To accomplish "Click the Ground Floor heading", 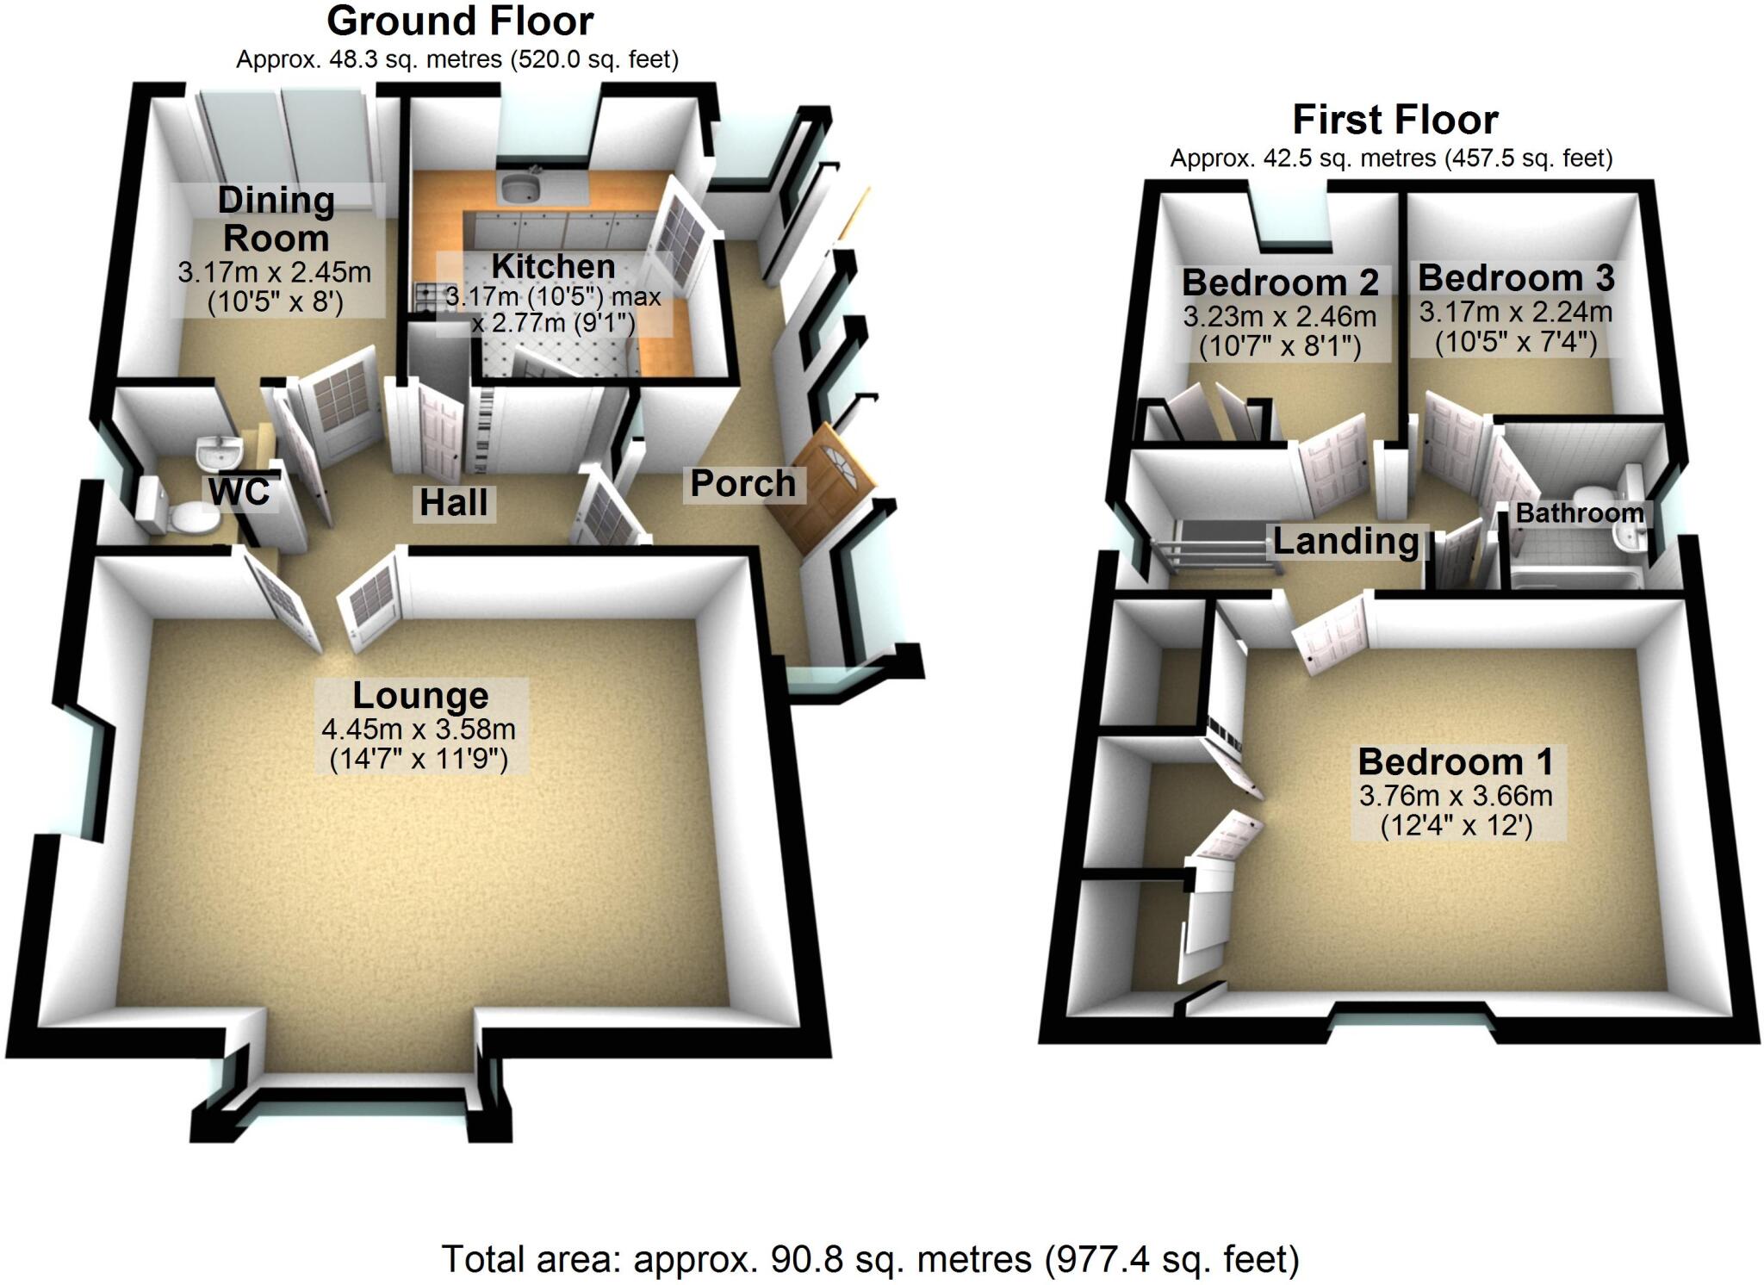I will click(x=460, y=22).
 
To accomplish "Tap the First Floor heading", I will click(x=1394, y=121).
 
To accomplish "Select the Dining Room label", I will click(x=276, y=219).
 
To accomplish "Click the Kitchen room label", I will click(x=553, y=267).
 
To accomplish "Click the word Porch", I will click(x=743, y=484).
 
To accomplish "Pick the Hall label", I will click(x=453, y=503).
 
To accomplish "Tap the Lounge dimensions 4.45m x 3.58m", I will click(x=419, y=729).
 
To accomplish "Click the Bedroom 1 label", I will click(x=1456, y=762).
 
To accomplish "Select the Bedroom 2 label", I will click(x=1280, y=282).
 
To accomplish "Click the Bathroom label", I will click(x=1579, y=514).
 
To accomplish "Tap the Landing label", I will click(x=1345, y=542).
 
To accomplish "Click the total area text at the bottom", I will click(x=870, y=1259).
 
